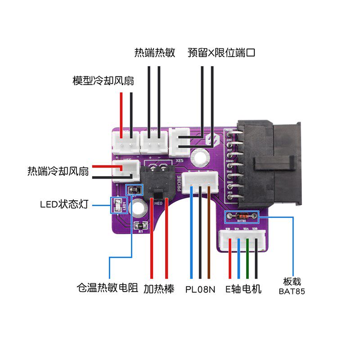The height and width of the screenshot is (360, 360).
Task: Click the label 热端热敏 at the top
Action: pos(154,52)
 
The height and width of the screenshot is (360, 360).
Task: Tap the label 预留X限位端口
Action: pos(221,53)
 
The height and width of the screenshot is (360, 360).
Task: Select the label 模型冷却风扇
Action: pos(103,81)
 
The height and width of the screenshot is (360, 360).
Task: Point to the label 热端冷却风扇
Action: pos(58,171)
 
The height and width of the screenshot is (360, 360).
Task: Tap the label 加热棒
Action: pos(159,288)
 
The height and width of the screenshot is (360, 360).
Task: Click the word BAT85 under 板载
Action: pos(292,292)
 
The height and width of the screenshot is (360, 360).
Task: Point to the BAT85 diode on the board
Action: pos(242,216)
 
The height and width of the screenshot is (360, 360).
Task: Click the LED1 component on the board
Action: pos(118,206)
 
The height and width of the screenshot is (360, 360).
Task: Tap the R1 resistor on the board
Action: pos(140,225)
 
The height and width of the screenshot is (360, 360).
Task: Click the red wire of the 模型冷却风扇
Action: pos(121,112)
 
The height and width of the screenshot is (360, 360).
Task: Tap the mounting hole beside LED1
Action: pos(137,208)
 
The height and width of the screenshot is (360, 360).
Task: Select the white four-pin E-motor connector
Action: pos(243,238)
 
